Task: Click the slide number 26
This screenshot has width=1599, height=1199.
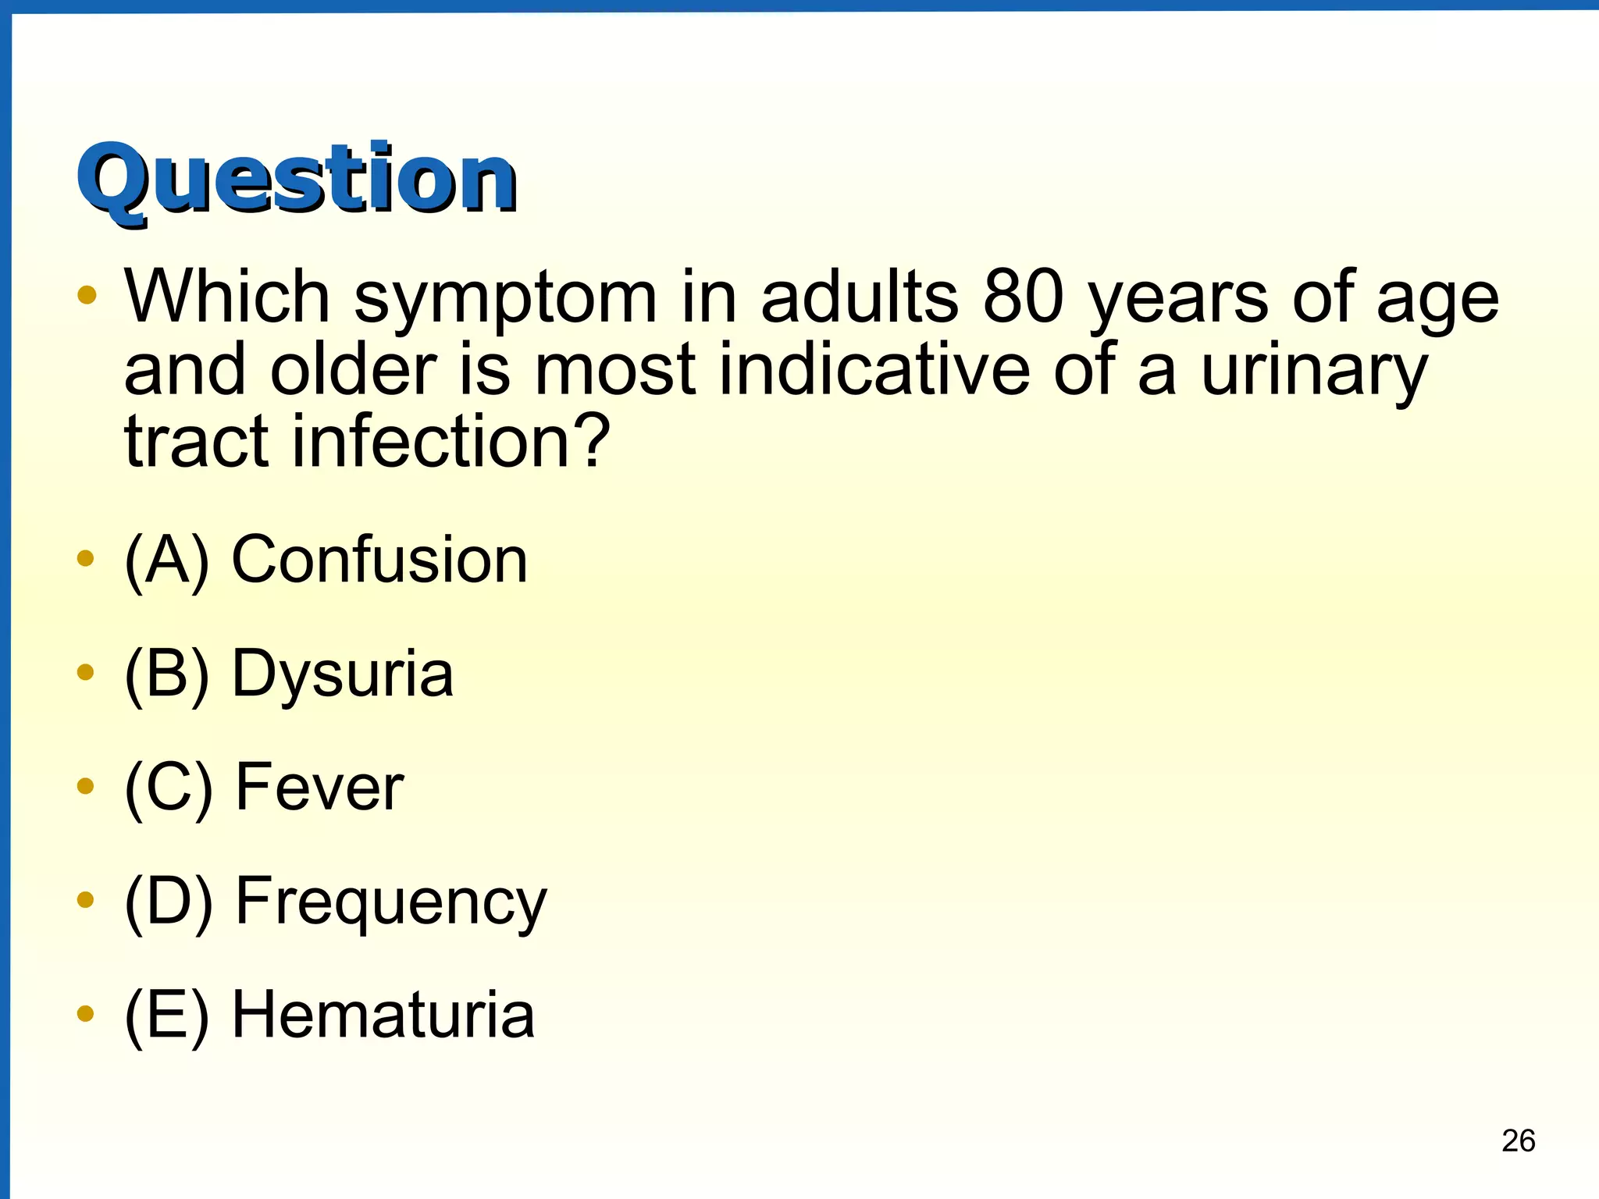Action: tap(1518, 1140)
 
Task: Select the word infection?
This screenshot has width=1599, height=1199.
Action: tap(450, 442)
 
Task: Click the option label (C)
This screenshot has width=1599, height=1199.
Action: tap(168, 788)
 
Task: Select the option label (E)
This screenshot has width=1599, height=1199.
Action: tap(166, 1015)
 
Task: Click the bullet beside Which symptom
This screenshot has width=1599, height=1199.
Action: tap(87, 295)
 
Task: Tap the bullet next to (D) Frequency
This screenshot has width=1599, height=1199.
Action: tap(86, 900)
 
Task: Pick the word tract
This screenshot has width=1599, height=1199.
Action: tap(197, 442)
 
